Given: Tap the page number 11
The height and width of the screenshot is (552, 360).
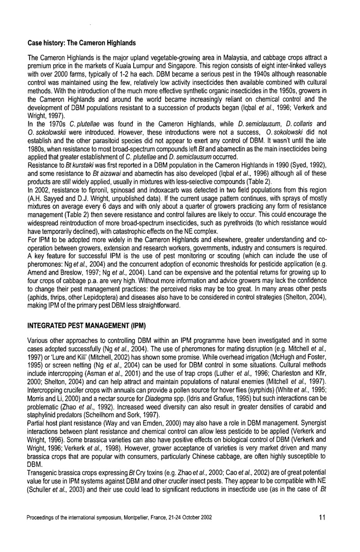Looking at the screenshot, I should coord(322,517).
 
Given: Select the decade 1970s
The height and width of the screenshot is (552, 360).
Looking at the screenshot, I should coord(51,127).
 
